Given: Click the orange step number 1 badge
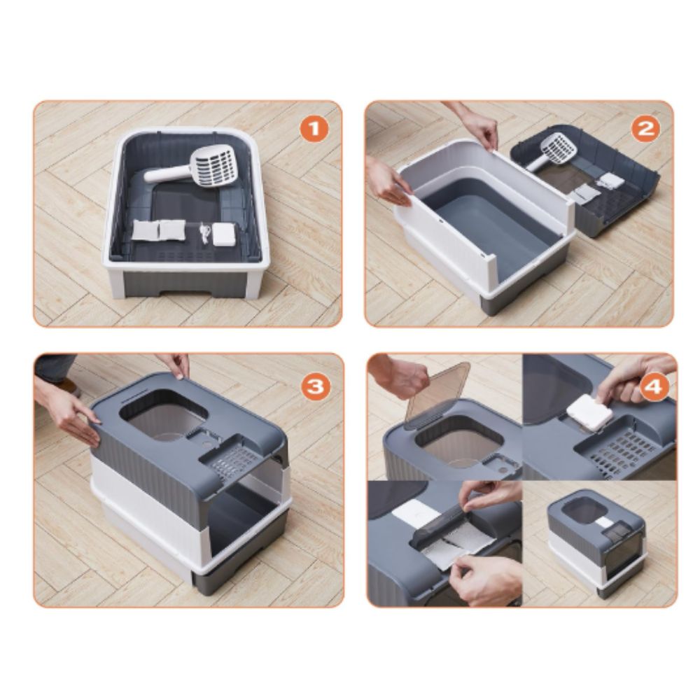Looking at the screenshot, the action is (314, 129).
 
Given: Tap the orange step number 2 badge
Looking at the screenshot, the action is (646, 129).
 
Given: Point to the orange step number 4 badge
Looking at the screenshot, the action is (654, 386).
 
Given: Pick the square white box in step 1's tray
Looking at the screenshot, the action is (224, 234).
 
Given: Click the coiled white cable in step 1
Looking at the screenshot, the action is (204, 233).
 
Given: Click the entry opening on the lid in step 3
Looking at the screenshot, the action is (163, 415).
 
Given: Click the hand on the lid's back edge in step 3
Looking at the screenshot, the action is (176, 365).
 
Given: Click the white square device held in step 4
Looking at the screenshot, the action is (589, 413).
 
